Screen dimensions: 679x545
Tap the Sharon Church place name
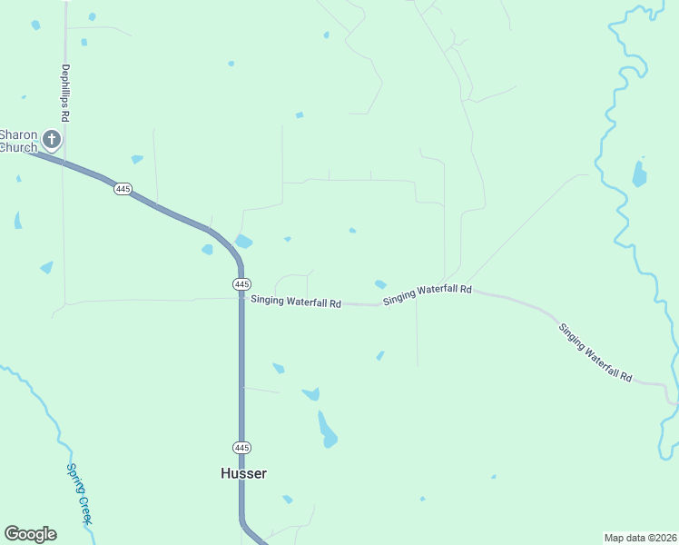coord(18,141)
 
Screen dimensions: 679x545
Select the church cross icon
coord(52,140)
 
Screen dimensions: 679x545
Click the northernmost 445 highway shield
coord(123,188)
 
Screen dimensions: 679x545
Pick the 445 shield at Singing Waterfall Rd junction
coord(241,284)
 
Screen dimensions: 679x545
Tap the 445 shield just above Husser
coord(241,448)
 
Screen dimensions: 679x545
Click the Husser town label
coord(243,473)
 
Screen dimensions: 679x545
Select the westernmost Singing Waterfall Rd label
coord(296,301)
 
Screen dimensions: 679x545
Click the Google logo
coord(30,534)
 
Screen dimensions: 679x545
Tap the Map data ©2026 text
coord(639,538)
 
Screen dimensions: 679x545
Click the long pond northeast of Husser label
coord(327,429)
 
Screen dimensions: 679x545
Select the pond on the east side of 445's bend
coord(243,242)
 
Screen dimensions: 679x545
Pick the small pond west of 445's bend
coord(208,249)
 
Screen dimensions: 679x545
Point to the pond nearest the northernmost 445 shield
coord(136,159)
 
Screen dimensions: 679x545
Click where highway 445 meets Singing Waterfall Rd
coord(241,299)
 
